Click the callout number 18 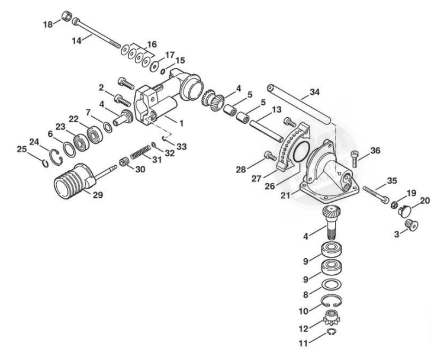(47, 24)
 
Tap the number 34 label (315, 92)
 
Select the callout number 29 (98, 195)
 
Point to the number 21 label (285, 195)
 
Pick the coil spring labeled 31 (140, 152)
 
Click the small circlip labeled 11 (331, 333)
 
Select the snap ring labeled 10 (331, 301)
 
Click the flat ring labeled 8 (331, 285)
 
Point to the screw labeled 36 (355, 159)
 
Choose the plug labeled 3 (411, 225)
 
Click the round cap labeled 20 (405, 211)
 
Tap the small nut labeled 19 (393, 205)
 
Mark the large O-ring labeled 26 (301, 152)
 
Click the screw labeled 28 (270, 156)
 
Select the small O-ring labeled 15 (163, 72)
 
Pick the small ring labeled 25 (46, 163)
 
